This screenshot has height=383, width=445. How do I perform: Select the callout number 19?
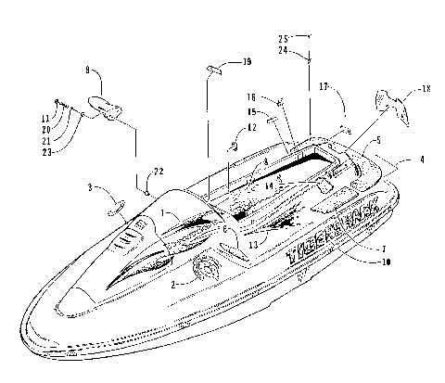(x=246, y=62)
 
